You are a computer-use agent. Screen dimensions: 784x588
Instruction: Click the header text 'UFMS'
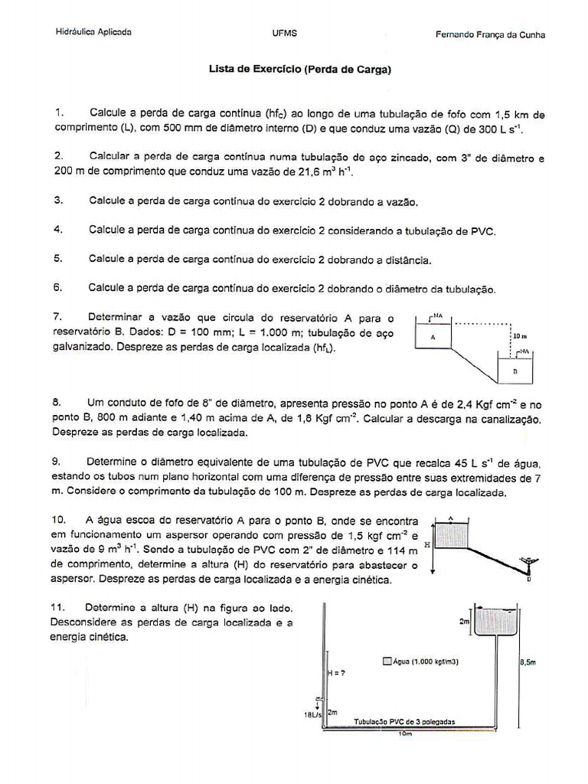(284, 34)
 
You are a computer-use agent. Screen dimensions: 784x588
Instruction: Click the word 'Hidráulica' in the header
(73, 33)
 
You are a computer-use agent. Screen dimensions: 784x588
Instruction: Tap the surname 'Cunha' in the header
(530, 35)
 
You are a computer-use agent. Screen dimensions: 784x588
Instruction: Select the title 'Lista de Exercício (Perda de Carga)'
(300, 70)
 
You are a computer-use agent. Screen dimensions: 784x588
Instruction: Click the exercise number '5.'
(58, 259)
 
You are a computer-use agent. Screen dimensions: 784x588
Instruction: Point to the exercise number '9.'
(57, 462)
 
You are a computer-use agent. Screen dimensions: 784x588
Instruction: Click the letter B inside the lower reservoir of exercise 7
(515, 371)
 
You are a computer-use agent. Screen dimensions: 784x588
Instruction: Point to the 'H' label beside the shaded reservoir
(427, 544)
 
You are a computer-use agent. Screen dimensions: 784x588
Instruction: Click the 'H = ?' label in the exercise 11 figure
(336, 673)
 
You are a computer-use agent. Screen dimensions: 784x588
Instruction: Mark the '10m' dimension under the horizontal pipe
(406, 734)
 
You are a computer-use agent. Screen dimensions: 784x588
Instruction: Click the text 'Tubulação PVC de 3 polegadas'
(405, 722)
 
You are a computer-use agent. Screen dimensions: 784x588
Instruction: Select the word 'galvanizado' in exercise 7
(83, 347)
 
